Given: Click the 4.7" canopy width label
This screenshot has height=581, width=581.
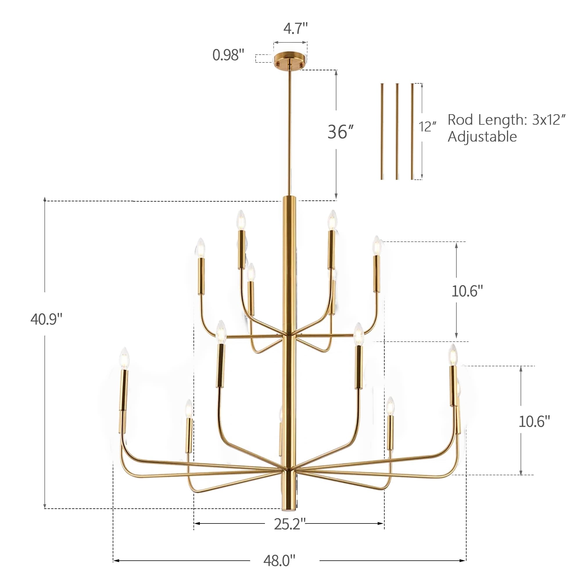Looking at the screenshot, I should pos(295,29).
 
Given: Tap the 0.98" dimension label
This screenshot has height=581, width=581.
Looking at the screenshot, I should pos(228,55).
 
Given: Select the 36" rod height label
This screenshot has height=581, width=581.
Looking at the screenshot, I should pos(340,132).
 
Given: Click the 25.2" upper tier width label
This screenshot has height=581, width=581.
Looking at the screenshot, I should pos(289,524).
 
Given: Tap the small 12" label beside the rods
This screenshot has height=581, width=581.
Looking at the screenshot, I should pos(427,127).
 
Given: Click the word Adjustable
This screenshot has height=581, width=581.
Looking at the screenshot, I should pos(482,137).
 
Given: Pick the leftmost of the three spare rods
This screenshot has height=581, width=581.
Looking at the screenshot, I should pos(382,131).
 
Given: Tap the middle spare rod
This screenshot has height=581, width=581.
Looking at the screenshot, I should pos(397,131).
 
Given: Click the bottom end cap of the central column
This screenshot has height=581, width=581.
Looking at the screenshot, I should pos(289,508).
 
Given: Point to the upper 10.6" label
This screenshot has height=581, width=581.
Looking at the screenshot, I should pos(467,291).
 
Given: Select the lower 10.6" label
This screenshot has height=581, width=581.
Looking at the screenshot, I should pos(534,421).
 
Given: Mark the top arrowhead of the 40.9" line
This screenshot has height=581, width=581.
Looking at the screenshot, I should pos(45,199).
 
